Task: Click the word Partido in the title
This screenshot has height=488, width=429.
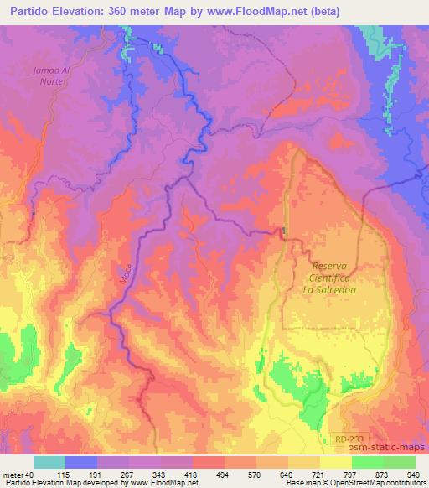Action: pyautogui.click(x=28, y=12)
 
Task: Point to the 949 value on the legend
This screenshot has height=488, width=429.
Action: pyautogui.click(x=414, y=475)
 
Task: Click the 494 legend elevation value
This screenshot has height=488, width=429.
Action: pyautogui.click(x=225, y=475)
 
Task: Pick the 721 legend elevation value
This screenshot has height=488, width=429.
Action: pyautogui.click(x=319, y=475)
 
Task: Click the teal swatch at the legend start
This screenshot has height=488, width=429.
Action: pyautogui.click(x=49, y=462)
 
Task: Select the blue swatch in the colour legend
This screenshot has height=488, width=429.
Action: pyautogui.click(x=81, y=462)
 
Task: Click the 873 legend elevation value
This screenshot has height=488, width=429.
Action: pyautogui.click(x=383, y=475)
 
